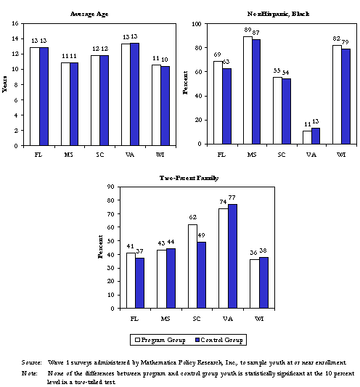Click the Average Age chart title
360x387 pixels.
[x=90, y=15]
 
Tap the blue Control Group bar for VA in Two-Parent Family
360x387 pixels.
[x=232, y=256]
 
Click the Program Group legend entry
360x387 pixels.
[x=159, y=340]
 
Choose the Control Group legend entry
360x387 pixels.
[x=218, y=340]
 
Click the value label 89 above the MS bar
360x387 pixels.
[x=248, y=30]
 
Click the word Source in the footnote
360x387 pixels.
[x=32, y=362]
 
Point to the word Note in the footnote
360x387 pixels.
[x=30, y=372]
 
